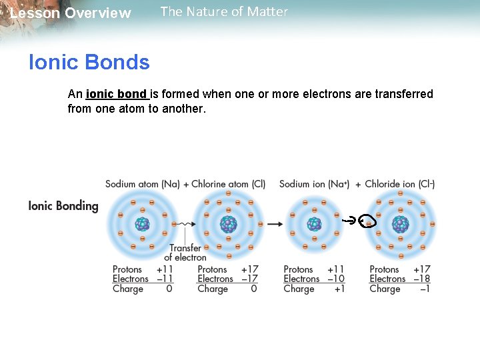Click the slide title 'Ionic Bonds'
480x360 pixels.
(89, 63)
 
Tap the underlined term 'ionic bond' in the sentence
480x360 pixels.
(117, 94)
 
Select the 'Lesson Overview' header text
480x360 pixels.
(71, 13)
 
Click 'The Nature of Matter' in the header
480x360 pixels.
(224, 11)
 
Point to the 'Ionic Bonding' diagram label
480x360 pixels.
(63, 206)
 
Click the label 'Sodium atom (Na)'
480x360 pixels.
(142, 184)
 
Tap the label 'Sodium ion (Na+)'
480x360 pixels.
(314, 184)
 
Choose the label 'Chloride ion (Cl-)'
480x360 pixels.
(399, 184)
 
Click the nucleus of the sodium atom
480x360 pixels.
(142, 224)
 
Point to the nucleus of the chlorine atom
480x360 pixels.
(228, 224)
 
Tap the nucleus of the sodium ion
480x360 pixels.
(314, 224)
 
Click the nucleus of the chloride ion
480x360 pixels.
(400, 224)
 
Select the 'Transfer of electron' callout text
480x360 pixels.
(185, 253)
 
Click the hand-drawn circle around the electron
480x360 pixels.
(367, 222)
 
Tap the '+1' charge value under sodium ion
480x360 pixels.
(339, 289)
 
